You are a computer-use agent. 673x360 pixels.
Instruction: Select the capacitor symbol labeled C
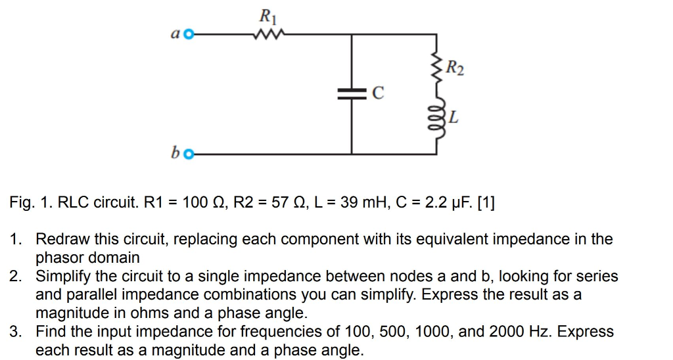(x=352, y=95)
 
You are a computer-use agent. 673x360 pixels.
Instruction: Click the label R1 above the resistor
(x=267, y=14)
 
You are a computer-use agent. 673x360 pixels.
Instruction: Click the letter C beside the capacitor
(x=377, y=94)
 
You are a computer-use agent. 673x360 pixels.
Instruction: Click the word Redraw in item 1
(x=62, y=239)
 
